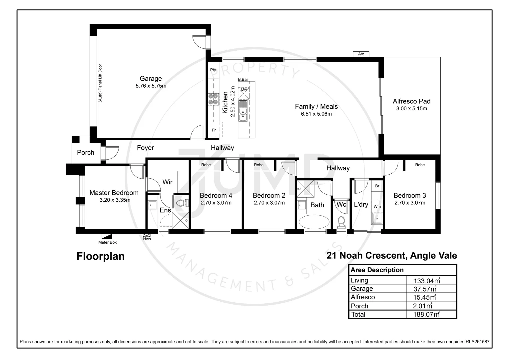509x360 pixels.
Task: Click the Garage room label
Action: [151, 79]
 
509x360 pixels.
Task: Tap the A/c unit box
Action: [361, 54]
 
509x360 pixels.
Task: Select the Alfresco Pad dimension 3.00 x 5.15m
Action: [411, 109]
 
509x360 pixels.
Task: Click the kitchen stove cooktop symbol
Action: [213, 99]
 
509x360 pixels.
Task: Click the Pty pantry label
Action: [213, 70]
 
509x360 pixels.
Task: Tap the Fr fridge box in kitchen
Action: [214, 130]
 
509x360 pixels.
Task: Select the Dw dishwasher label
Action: [244, 89]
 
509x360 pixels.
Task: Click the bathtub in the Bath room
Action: [314, 222]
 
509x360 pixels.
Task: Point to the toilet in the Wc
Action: [341, 221]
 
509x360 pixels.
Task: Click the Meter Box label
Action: [107, 242]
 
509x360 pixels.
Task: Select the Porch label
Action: [86, 153]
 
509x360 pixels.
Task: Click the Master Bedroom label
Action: [114, 193]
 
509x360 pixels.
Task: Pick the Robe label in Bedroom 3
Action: [420, 165]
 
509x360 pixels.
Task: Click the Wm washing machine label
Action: [377, 207]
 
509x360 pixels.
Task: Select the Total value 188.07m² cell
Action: [426, 314]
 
